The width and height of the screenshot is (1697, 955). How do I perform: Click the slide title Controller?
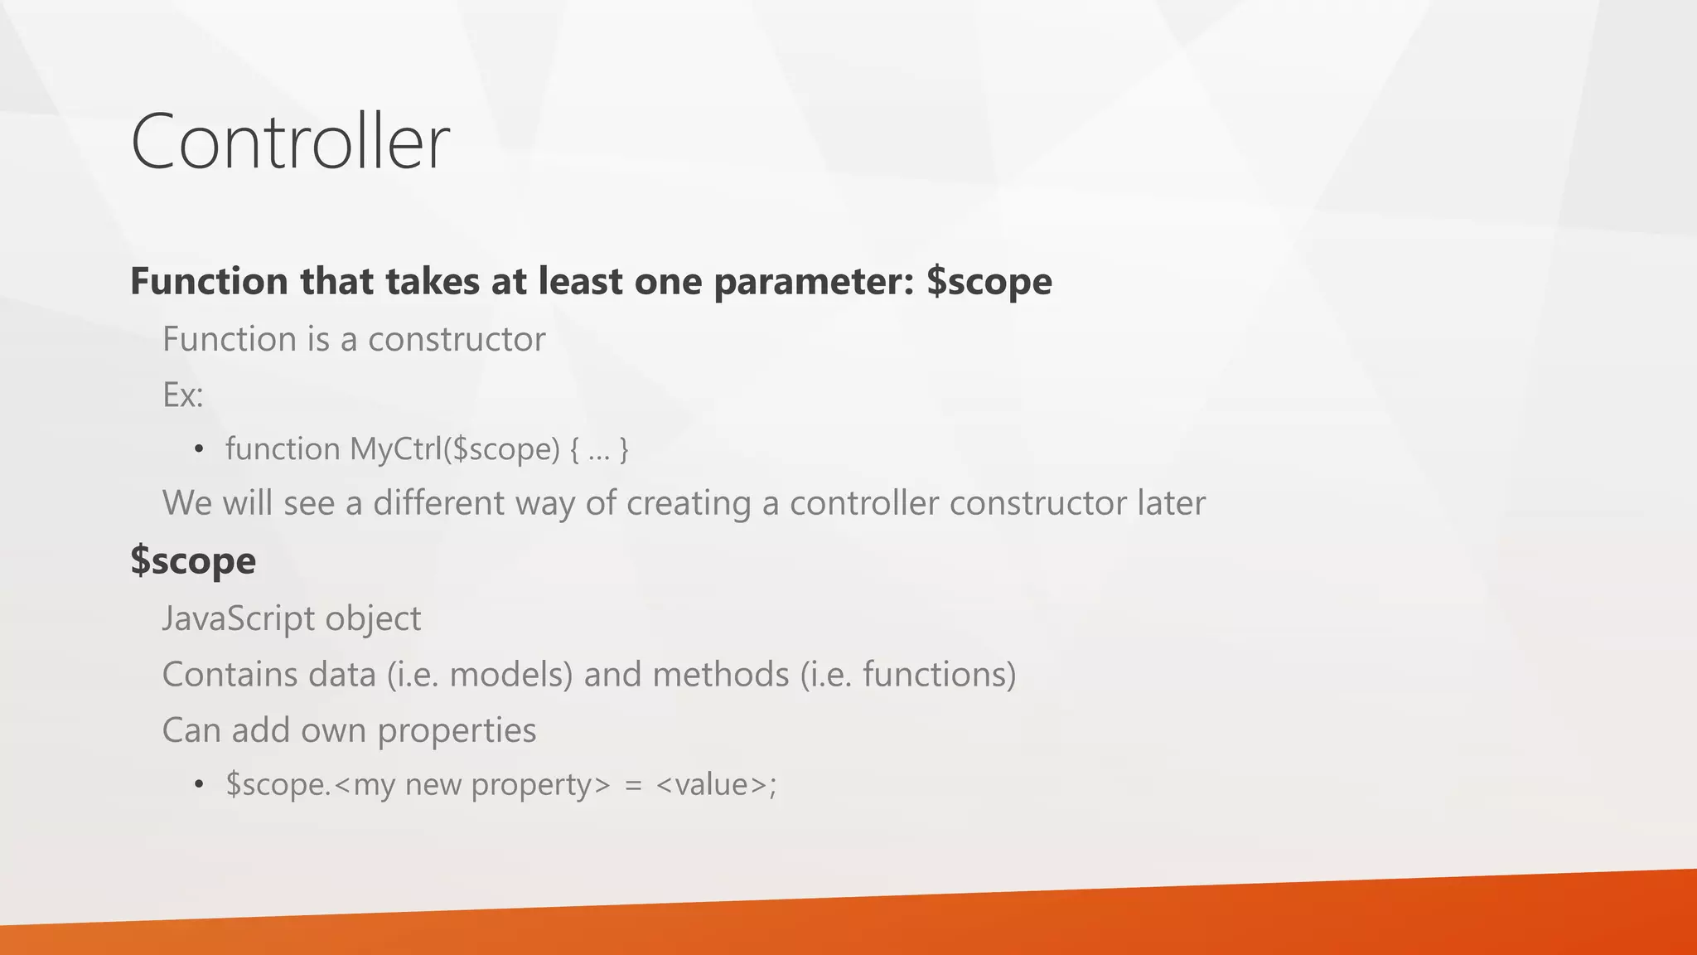click(290, 142)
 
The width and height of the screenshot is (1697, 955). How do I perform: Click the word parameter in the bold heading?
click(812, 282)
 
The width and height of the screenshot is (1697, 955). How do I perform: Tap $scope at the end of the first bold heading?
click(989, 282)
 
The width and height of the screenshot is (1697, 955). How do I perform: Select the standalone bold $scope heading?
click(193, 561)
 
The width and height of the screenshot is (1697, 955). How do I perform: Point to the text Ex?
click(182, 395)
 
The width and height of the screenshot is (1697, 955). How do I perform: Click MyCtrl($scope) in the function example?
click(455, 449)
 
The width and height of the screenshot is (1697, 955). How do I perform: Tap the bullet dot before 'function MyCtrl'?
click(198, 450)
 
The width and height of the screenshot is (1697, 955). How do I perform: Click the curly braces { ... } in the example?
click(599, 449)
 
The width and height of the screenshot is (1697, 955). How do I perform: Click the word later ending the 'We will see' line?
click(1171, 503)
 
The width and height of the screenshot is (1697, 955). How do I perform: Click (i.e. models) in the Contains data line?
click(480, 675)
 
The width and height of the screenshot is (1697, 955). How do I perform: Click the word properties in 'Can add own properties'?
click(457, 731)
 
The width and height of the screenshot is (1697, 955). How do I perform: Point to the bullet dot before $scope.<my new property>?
click(198, 785)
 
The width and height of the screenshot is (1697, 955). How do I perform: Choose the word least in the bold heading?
click(580, 282)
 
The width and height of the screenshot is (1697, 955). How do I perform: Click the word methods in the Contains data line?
click(720, 675)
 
